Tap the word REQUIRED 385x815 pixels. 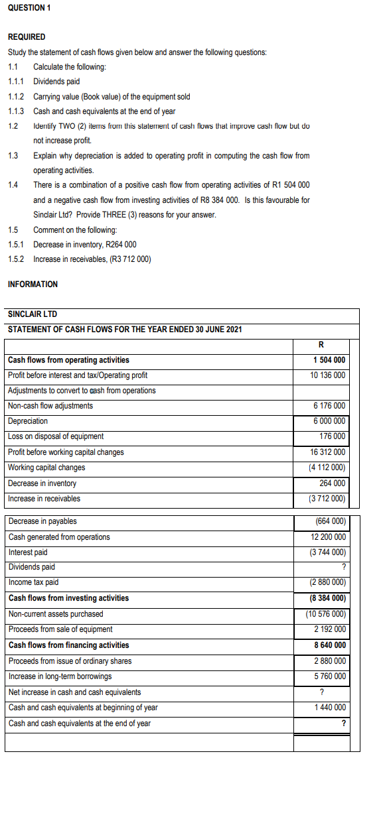tap(27, 37)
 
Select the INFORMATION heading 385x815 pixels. tap(33, 284)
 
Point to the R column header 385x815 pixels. tap(321, 345)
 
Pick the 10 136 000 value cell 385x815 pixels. tap(328, 375)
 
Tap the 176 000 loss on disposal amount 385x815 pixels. tap(332, 436)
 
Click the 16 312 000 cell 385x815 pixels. tap(328, 452)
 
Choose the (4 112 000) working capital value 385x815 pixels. tap(327, 468)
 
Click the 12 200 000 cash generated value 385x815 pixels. tap(328, 537)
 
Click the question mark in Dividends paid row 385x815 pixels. tap(343, 567)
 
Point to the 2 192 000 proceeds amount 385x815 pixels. tap(330, 629)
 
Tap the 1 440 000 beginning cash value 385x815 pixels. tap(330, 708)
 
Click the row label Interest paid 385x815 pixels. tap(28, 552)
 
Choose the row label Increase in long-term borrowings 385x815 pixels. tap(60, 676)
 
